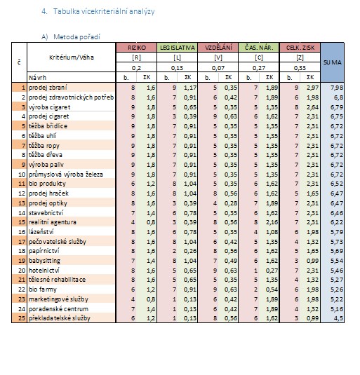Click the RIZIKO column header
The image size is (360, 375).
pyautogui.click(x=136, y=48)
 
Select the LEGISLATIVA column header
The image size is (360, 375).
pyautogui.click(x=177, y=48)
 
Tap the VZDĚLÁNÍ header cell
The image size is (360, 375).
pyautogui.click(x=218, y=48)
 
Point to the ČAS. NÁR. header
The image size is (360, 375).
pyautogui.click(x=259, y=48)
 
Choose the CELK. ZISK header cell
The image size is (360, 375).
pyautogui.click(x=300, y=48)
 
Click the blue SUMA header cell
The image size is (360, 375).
pyautogui.click(x=332, y=62)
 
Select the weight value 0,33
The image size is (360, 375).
pyautogui.click(x=300, y=68)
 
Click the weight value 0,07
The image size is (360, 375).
pyautogui.click(x=218, y=68)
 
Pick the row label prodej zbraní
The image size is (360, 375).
pyautogui.click(x=48, y=88)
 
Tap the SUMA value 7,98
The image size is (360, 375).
pyautogui.click(x=337, y=88)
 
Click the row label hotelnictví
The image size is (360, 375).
pyautogui.click(x=44, y=271)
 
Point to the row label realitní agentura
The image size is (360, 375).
pyautogui.click(x=53, y=222)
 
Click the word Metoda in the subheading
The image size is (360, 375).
pyautogui.click(x=64, y=37)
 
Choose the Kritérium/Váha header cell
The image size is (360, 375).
pyautogui.click(x=72, y=57)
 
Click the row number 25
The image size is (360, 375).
pyautogui.click(x=22, y=318)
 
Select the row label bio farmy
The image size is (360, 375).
pyautogui.click(x=43, y=289)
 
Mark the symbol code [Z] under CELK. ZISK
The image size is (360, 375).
pyautogui.click(x=300, y=57)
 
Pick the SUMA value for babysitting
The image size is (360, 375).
pyautogui.click(x=337, y=261)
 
